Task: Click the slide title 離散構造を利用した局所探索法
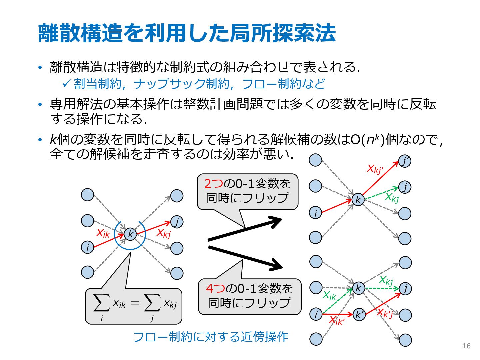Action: pos(187,33)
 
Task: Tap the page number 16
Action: pos(466,346)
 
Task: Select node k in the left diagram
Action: pos(130,234)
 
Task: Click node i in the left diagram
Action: pos(88,247)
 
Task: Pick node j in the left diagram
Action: pos(177,222)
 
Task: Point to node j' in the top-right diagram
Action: pos(405,161)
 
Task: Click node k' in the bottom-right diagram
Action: pos(359,314)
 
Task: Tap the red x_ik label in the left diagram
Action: pos(103,233)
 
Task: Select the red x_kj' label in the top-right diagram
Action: pos(375,169)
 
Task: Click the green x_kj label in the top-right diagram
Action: pos(392,197)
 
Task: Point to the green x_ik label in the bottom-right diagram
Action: pos(330,295)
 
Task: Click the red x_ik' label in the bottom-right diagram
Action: pos(337,321)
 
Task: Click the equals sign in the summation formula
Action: pos(135,303)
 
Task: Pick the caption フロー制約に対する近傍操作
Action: pos(211,337)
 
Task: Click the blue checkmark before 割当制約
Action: pos(66,83)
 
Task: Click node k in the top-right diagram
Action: pos(358,200)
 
